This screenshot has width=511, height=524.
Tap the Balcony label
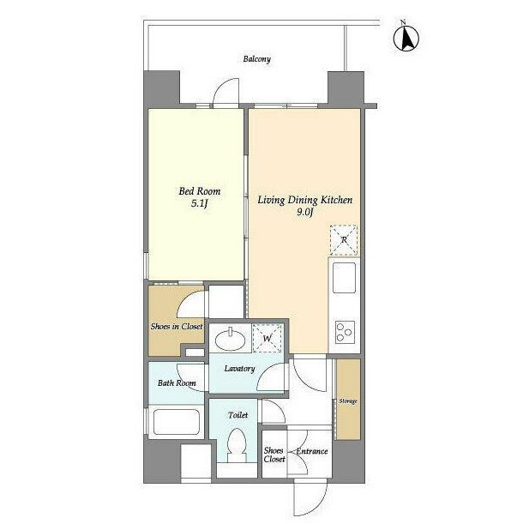[x=256, y=59]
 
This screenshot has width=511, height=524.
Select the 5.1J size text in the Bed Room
[x=199, y=203]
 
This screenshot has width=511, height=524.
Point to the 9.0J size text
[x=304, y=212]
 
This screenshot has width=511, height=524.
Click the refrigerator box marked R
[x=344, y=240]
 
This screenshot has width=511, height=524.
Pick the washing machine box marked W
[x=267, y=338]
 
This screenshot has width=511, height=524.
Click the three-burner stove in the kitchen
[x=345, y=332]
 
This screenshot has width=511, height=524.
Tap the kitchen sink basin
[x=344, y=278]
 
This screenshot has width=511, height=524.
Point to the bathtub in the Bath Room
[x=176, y=422]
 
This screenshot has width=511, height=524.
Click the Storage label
[x=348, y=401]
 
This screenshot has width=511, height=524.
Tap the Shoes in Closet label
[x=177, y=327]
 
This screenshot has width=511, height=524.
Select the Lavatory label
[x=239, y=369]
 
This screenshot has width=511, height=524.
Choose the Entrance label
[x=312, y=451]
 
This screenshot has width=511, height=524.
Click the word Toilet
[x=237, y=415]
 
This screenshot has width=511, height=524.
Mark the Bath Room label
[x=177, y=383]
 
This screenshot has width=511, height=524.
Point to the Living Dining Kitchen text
[x=304, y=200]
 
